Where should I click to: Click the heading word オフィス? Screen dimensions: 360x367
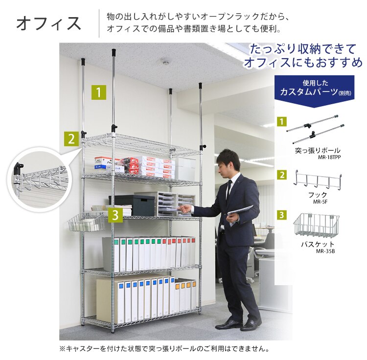tap(48, 23)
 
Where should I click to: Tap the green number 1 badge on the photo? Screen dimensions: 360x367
tap(99, 92)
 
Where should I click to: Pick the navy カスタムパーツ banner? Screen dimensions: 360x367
tap(314, 89)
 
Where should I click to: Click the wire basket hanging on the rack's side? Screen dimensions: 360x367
tap(87, 223)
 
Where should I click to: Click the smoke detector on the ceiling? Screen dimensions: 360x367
tap(165, 62)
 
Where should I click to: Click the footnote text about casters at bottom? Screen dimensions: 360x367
tap(164, 349)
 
